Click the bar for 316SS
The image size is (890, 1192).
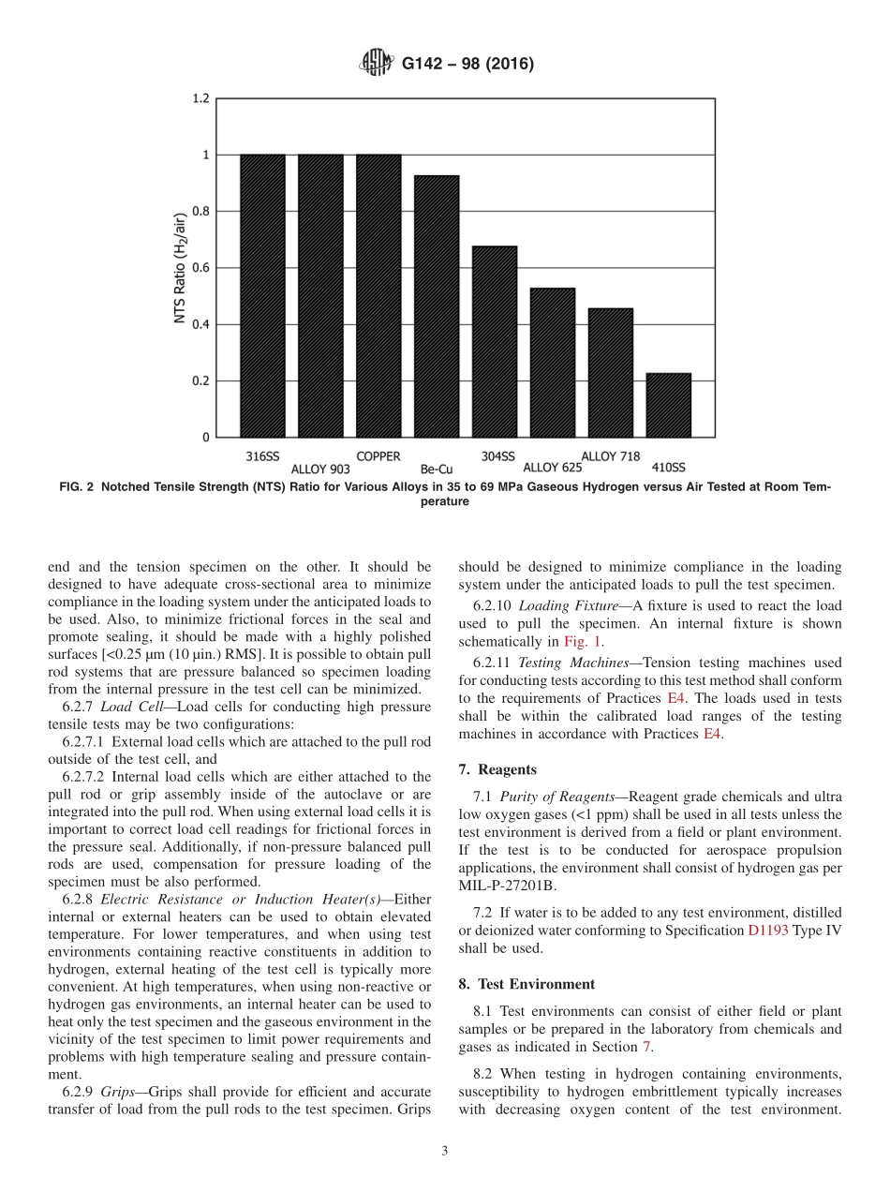pos(262,295)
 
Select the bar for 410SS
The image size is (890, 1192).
pos(668,405)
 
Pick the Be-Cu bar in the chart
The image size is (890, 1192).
pos(437,305)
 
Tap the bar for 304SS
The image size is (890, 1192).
pos(495,341)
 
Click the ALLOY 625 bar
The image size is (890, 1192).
pos(553,362)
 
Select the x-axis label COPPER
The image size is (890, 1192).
pos(378,456)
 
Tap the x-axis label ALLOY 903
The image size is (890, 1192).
pos(320,468)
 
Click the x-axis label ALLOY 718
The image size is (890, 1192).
pos(611,456)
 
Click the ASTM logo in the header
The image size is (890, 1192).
pos(376,64)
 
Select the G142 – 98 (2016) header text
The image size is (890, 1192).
pos(467,65)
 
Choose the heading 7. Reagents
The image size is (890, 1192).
pos(497,769)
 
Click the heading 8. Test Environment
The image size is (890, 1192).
pos(527,984)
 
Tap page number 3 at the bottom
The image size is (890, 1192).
pos(445,1151)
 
